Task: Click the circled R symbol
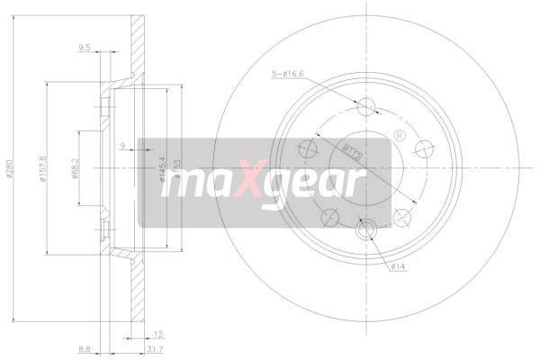396,136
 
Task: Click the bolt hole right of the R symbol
420,148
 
